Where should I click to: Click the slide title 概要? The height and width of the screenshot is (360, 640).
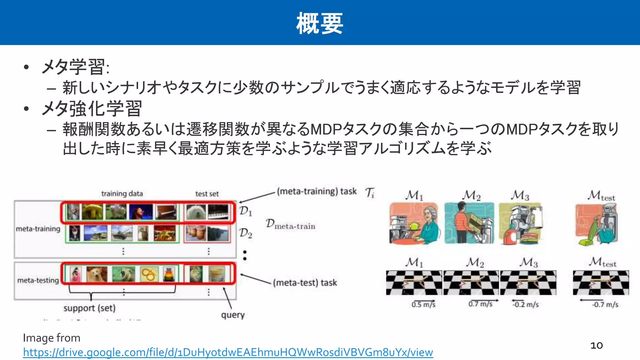(x=320, y=23)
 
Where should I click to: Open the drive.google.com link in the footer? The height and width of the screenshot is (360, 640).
(x=228, y=352)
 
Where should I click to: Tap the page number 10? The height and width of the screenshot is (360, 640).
(x=596, y=345)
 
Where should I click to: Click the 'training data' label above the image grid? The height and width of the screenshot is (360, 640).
(x=122, y=194)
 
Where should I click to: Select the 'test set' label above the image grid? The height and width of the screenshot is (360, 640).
(x=207, y=194)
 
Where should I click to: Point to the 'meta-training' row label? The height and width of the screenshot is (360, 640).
(x=38, y=229)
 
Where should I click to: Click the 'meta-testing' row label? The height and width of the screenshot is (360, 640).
(x=38, y=280)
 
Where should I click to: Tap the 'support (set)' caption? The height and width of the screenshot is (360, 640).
(x=89, y=308)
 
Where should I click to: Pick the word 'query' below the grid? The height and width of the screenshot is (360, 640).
(x=233, y=315)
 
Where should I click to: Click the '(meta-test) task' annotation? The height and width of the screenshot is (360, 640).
(x=305, y=283)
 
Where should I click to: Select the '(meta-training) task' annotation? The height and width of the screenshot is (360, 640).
(x=317, y=191)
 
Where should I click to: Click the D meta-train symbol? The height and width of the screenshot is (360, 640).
(x=290, y=224)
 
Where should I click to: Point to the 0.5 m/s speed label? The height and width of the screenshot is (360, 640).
(x=423, y=304)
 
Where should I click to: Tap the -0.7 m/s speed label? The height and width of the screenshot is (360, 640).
(x=605, y=304)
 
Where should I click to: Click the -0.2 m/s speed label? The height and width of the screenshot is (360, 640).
(x=526, y=304)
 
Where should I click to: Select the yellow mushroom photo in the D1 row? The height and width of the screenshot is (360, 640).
(x=92, y=212)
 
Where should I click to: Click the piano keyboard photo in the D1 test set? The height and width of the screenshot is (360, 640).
(x=218, y=212)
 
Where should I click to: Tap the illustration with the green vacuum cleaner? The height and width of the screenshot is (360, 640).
(x=596, y=224)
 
